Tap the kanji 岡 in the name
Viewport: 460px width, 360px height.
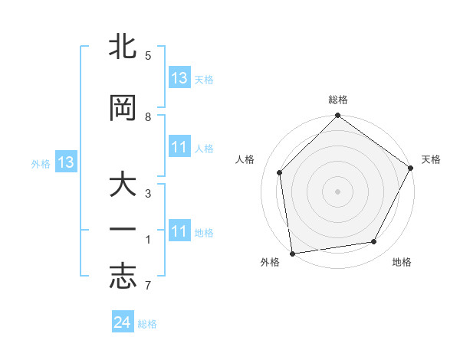[x=123, y=109]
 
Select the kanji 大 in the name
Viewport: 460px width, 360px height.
[x=123, y=187]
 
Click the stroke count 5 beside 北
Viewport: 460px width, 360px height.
[x=148, y=56]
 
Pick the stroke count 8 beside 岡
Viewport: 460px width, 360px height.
[x=148, y=117]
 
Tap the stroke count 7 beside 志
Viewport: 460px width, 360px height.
[x=148, y=286]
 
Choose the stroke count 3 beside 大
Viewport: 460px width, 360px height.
[x=148, y=194]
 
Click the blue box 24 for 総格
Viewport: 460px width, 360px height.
[x=123, y=322]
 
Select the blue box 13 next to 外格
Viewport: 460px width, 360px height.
[x=66, y=162]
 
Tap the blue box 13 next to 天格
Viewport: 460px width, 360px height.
[x=179, y=78]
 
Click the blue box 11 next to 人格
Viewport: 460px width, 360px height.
[x=179, y=147]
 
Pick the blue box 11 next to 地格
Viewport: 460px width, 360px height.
[x=179, y=231]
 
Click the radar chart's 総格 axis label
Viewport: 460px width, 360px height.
[x=338, y=100]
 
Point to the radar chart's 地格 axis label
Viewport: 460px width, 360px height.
[x=402, y=263]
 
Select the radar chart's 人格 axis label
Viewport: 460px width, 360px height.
[x=245, y=159]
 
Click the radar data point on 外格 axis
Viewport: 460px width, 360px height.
[x=292, y=253]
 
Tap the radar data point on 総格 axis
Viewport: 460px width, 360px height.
[x=338, y=116]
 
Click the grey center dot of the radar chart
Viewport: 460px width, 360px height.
[x=338, y=191]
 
